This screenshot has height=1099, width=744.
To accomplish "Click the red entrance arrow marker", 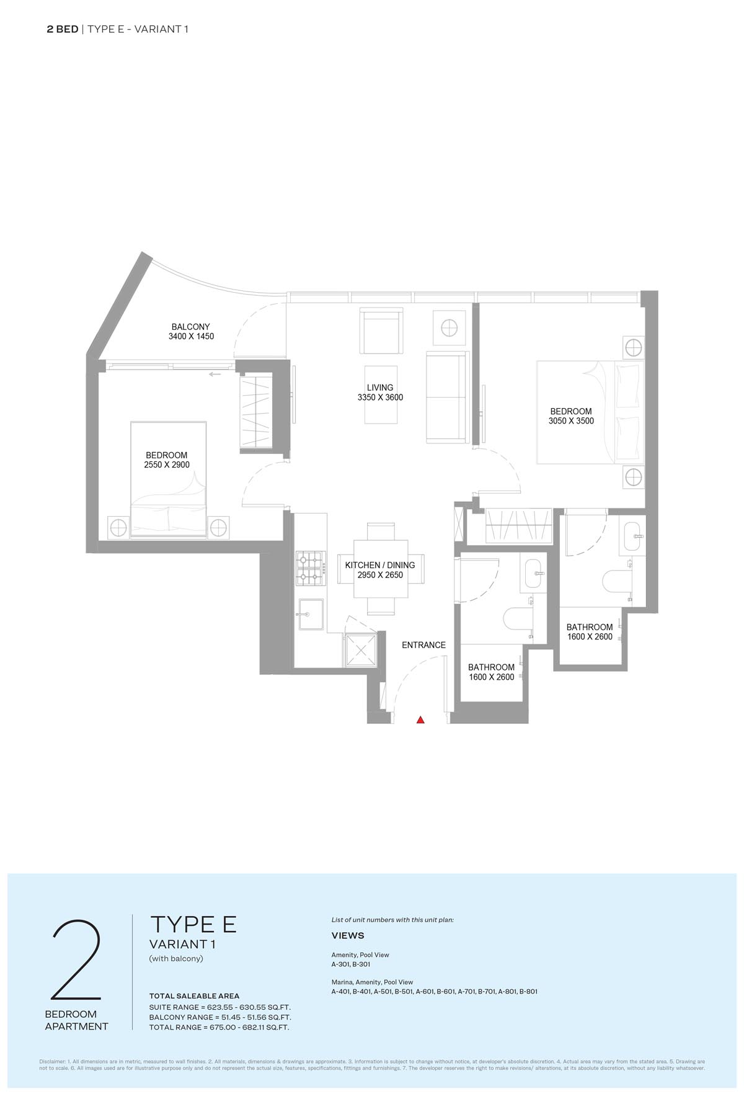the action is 420,719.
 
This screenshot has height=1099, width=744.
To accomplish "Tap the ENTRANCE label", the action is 423,645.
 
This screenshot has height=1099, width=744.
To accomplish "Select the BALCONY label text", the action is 191,327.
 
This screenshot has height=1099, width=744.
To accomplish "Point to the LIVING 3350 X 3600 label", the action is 380,393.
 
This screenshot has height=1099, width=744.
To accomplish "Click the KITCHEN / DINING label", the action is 380,565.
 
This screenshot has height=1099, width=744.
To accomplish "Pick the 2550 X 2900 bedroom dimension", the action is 166,465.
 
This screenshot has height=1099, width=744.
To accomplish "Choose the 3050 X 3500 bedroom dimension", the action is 571,420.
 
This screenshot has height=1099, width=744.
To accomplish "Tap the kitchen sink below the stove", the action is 311,615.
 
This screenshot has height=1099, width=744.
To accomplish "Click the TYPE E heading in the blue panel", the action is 193,924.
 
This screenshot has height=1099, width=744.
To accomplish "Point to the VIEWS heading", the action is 348,935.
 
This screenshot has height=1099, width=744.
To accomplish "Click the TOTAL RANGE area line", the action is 219,1027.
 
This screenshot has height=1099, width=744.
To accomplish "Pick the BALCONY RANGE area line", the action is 220,1017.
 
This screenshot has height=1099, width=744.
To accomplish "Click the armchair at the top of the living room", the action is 380,332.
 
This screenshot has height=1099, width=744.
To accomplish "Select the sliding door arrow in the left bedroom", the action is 216,374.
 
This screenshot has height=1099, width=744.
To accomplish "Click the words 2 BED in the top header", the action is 63,29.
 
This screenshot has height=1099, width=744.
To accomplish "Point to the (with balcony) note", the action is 177,958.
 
